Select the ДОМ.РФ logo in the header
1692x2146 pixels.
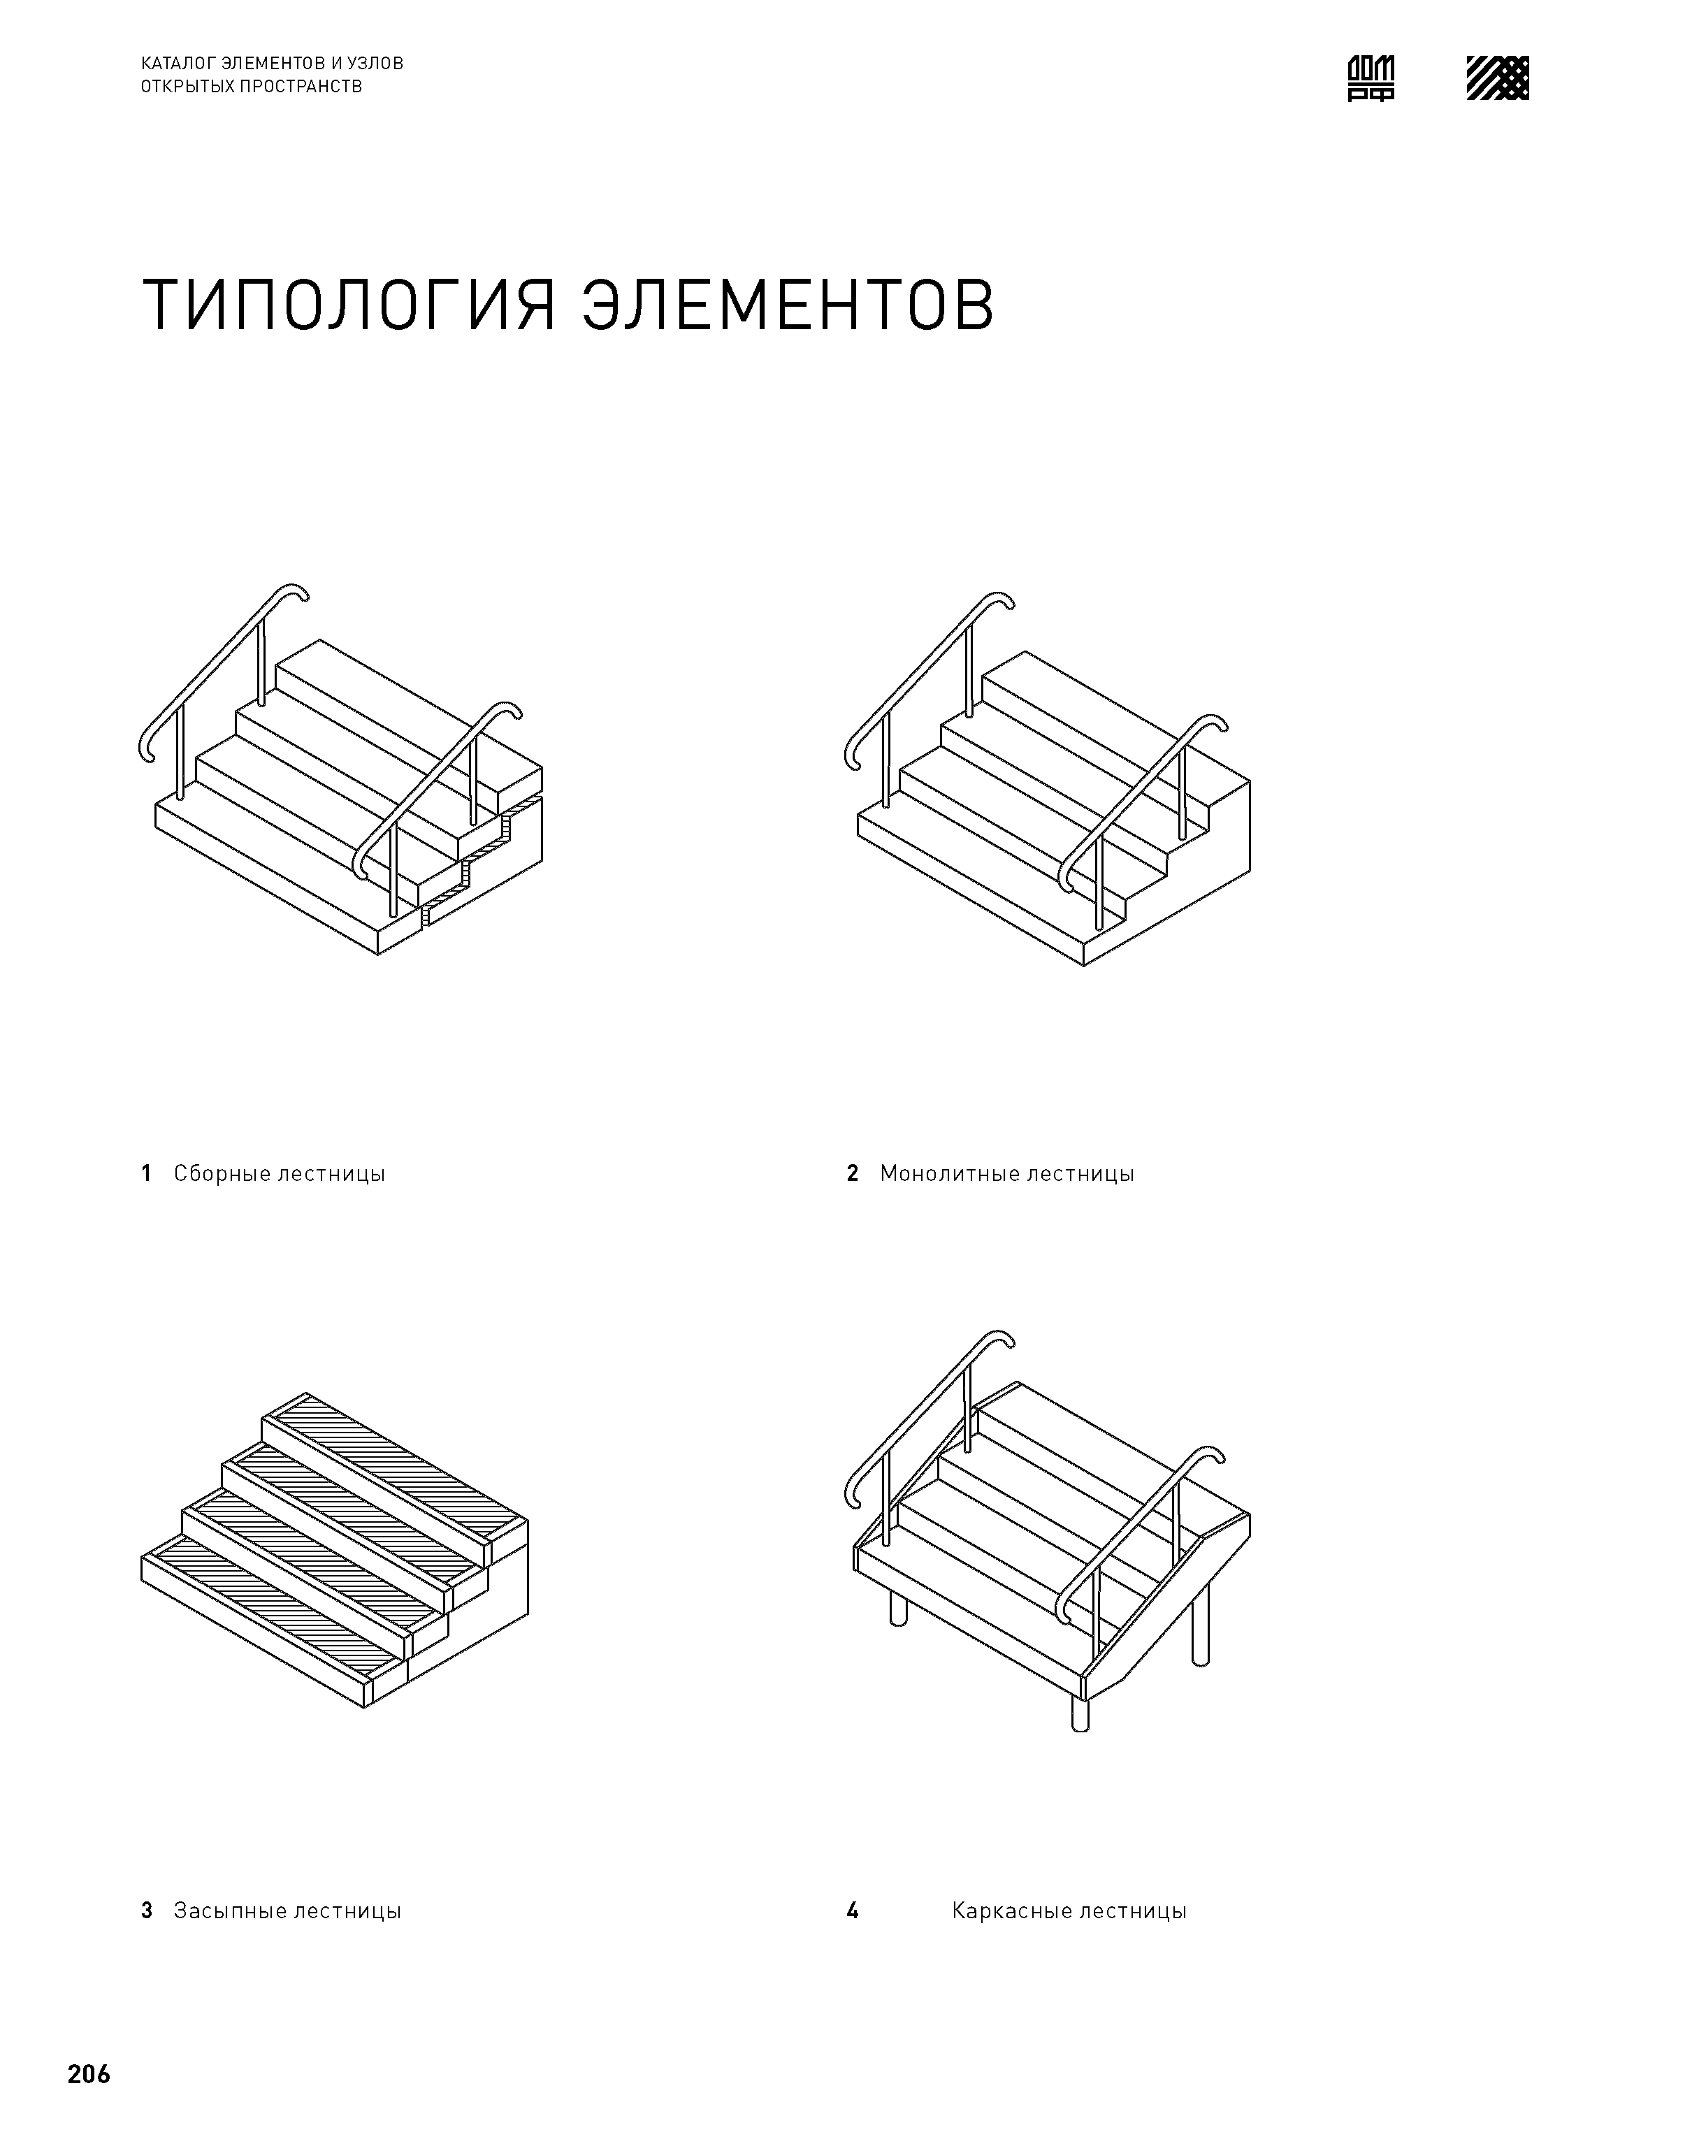coord(1371,78)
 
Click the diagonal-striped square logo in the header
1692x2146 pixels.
coord(1497,78)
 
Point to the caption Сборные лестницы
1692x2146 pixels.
coord(280,1173)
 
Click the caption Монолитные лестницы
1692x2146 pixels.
coord(1006,1173)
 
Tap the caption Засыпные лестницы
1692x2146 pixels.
coord(287,1911)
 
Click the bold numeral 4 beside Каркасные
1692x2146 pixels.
coord(852,1911)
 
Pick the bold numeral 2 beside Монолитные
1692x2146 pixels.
coord(852,1173)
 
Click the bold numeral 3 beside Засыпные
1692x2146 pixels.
coord(147,1911)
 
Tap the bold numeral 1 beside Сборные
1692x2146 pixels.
coord(147,1173)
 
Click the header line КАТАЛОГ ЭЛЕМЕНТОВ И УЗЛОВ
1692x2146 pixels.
coord(273,64)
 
